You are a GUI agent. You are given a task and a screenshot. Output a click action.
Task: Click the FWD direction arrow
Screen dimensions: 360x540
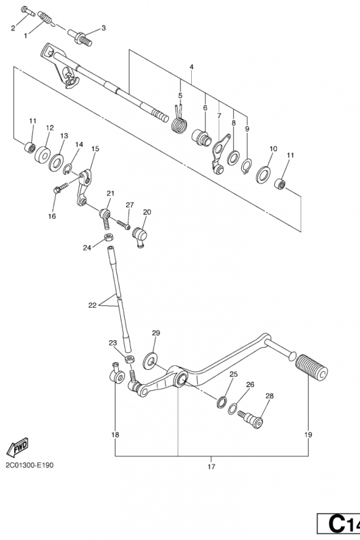coord(18,448)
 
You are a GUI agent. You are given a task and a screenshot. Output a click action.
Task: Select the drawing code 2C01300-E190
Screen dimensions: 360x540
coord(30,465)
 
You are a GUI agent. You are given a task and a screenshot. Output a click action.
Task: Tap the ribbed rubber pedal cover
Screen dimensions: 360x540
coord(312,367)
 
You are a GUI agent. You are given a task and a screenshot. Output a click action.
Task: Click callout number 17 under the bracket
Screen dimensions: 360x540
coord(211,466)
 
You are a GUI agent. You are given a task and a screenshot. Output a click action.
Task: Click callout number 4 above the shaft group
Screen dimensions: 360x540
coord(192,67)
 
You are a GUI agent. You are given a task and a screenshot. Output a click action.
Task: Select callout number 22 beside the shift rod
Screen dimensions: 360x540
coord(93,305)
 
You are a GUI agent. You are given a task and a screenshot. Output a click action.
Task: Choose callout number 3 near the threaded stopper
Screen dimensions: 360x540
coord(103,28)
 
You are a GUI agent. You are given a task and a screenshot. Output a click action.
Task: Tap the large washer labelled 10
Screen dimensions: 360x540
coord(263,175)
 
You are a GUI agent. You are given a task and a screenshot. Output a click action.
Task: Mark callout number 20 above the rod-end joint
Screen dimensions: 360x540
coord(147,212)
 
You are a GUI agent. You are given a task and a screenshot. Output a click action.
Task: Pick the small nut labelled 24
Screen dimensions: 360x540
coord(109,238)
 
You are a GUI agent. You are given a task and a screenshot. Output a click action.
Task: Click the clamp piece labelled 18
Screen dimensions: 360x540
coord(117,375)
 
